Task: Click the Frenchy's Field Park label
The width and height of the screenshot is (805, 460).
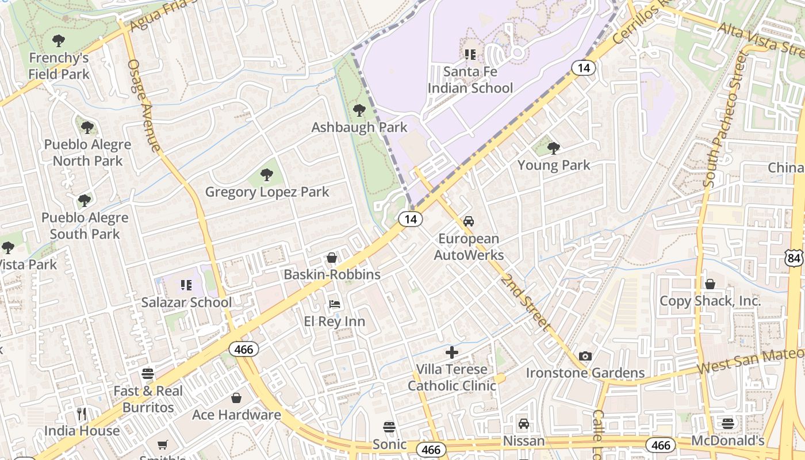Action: click(59, 66)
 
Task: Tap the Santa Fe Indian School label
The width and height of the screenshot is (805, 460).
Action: click(470, 80)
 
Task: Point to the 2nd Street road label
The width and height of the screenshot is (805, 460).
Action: click(526, 302)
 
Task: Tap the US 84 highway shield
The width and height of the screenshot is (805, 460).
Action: click(795, 258)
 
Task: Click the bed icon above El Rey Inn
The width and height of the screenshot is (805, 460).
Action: click(334, 304)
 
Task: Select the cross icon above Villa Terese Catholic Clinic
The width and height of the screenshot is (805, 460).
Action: click(452, 352)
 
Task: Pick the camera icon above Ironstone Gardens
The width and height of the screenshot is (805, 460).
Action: click(585, 356)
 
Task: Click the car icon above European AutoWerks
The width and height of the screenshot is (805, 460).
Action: click(469, 221)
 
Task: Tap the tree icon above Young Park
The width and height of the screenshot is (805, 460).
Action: click(554, 148)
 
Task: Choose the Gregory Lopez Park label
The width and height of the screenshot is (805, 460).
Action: click(267, 191)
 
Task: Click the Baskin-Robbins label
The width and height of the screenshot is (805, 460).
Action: click(332, 274)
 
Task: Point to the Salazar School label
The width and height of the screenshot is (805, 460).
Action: click(186, 302)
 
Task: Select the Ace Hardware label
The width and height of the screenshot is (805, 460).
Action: click(236, 415)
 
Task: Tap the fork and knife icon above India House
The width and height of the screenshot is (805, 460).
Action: click(82, 413)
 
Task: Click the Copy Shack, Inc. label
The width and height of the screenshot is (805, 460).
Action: click(710, 301)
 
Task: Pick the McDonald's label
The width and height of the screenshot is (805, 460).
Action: click(727, 441)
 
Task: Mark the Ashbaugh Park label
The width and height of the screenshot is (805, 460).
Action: click(359, 127)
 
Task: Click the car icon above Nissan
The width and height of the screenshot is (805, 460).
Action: click(523, 424)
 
